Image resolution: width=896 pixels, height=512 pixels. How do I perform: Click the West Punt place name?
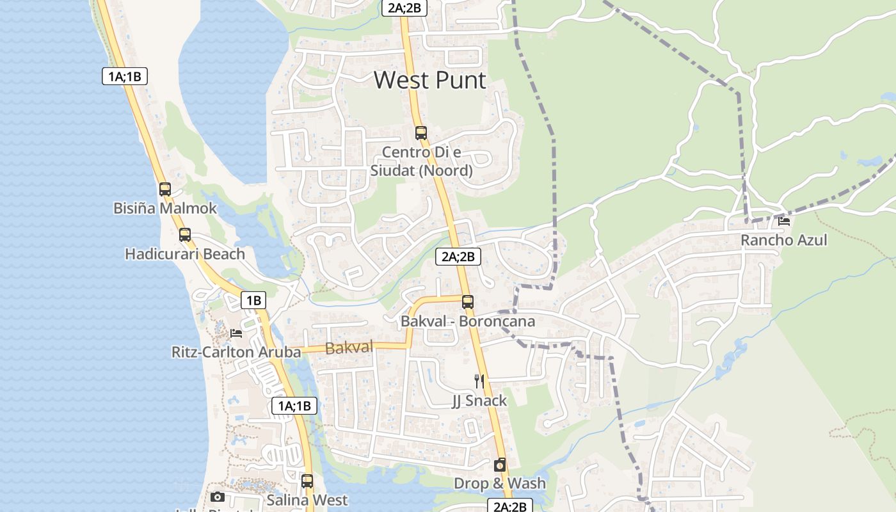click(x=429, y=81)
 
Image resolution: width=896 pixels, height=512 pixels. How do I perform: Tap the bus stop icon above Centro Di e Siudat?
click(x=420, y=133)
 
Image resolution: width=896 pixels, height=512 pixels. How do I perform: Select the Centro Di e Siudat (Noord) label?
click(x=421, y=161)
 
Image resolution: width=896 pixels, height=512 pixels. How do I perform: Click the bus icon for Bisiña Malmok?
click(x=165, y=189)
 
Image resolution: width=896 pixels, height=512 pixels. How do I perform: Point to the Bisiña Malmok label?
click(x=165, y=209)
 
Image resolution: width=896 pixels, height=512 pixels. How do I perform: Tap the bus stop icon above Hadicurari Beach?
click(x=185, y=235)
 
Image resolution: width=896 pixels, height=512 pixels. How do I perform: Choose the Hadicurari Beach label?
click(x=185, y=254)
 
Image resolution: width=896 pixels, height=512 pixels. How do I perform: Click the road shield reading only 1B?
click(x=253, y=300)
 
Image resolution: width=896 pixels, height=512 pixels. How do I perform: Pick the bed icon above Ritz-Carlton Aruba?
click(x=236, y=333)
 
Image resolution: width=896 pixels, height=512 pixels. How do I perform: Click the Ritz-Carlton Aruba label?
click(x=236, y=353)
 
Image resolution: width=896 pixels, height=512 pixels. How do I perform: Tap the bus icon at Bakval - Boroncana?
click(x=468, y=302)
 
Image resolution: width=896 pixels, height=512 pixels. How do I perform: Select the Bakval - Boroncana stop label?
click(x=468, y=321)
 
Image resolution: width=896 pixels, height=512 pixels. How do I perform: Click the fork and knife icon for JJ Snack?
click(x=479, y=381)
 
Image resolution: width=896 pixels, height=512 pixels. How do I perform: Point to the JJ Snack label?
click(x=479, y=401)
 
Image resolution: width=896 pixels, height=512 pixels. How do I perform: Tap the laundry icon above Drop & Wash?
click(x=500, y=465)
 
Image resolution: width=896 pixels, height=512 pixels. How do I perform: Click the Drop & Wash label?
click(x=500, y=484)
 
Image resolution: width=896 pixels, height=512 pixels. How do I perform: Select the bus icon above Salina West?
click(x=307, y=481)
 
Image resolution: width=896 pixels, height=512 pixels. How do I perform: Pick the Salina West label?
click(x=307, y=500)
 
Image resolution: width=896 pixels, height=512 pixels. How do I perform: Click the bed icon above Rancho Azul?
click(x=784, y=221)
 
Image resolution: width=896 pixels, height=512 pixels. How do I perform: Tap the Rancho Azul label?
click(x=784, y=241)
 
